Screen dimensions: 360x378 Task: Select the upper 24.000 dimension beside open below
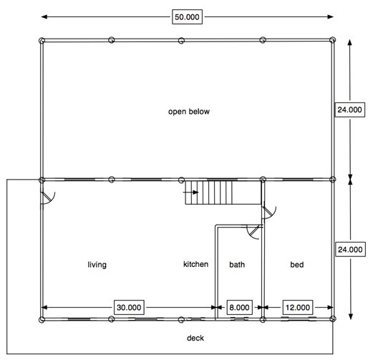click(x=349, y=110)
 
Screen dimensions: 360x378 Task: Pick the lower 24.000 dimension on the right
click(x=349, y=249)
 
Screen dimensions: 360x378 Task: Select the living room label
click(x=97, y=265)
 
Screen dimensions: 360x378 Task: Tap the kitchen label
click(x=195, y=264)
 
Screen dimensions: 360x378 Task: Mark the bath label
click(x=237, y=265)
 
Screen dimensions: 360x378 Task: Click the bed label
click(x=296, y=265)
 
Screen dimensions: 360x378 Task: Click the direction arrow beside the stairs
click(x=191, y=192)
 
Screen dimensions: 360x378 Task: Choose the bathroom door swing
click(x=253, y=230)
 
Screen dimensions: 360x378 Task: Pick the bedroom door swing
click(x=270, y=211)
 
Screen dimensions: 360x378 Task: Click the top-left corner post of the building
click(x=42, y=40)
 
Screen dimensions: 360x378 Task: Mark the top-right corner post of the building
click(x=334, y=40)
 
